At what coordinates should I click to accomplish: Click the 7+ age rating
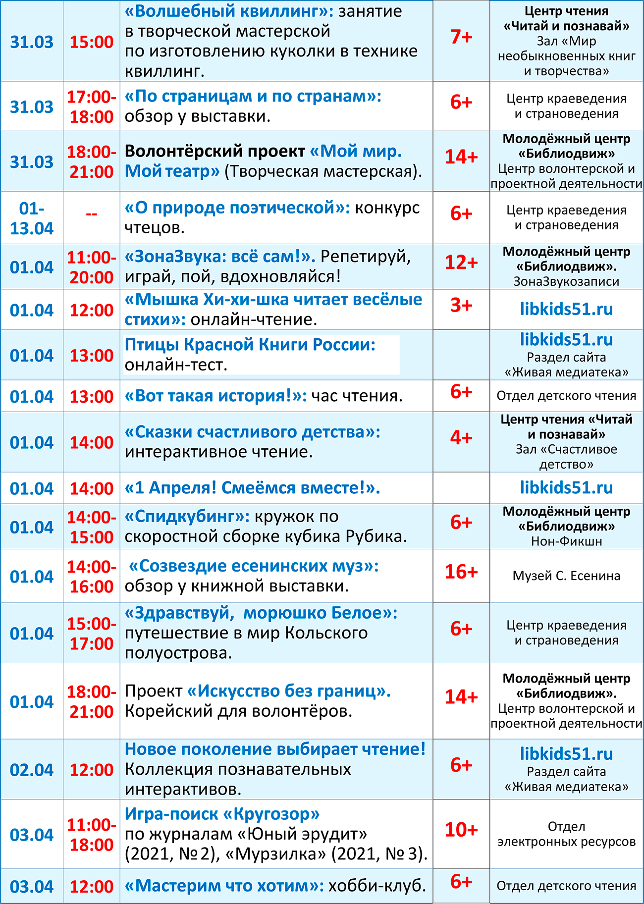point(461,37)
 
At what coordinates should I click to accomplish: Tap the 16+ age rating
point(461,572)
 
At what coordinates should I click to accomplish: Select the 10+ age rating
point(461,830)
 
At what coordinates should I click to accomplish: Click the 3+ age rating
point(461,306)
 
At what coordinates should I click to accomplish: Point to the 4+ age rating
point(461,438)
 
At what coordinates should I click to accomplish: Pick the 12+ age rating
point(461,263)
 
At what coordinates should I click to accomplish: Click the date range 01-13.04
point(32,218)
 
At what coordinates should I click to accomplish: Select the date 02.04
point(32,770)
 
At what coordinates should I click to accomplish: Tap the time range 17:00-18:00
point(92,107)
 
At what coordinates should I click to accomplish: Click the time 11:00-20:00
point(92,267)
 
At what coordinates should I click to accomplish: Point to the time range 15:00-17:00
point(92,634)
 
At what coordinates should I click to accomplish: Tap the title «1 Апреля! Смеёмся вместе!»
point(252,488)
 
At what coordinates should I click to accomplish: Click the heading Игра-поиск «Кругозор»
point(222,814)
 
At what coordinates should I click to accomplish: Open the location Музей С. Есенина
point(566,576)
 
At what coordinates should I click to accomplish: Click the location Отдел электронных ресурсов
point(566,834)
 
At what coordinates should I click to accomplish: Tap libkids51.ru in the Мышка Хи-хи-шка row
point(566,310)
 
